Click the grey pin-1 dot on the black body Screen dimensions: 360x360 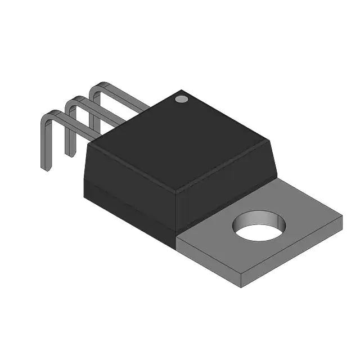click(x=181, y=99)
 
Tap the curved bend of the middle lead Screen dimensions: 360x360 click(x=71, y=101)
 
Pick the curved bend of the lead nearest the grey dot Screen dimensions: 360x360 click(x=97, y=87)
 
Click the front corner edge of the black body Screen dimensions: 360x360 click(x=176, y=214)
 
